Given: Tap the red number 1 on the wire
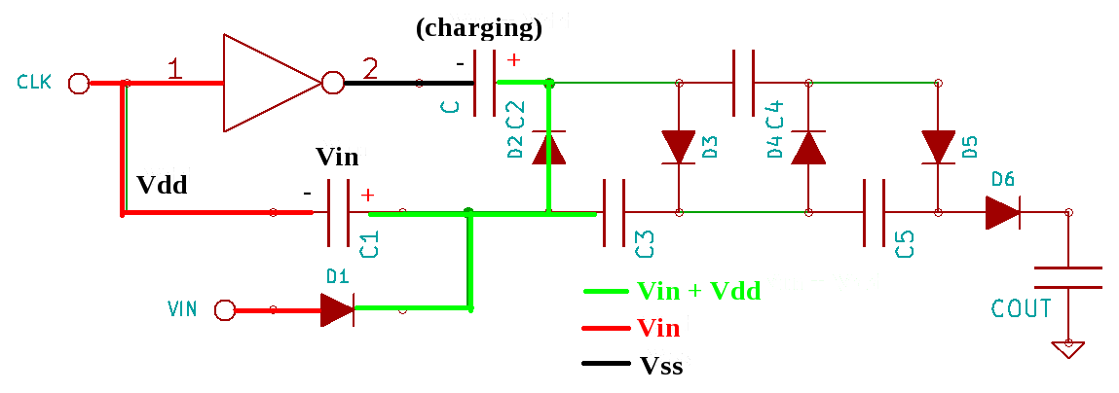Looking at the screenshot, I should click(174, 69).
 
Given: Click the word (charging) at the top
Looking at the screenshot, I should click(478, 28).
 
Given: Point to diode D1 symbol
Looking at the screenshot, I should click(337, 310).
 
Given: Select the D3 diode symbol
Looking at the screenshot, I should click(678, 148).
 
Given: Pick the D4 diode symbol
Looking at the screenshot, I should click(807, 148).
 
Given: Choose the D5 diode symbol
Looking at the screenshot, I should click(938, 148).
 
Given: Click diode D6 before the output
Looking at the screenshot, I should click(1002, 212).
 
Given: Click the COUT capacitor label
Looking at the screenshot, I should click(1021, 309).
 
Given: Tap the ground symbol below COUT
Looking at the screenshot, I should click(1068, 348).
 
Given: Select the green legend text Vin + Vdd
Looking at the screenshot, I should click(697, 290).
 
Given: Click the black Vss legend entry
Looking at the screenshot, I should click(660, 366).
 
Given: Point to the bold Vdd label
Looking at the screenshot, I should click(162, 185).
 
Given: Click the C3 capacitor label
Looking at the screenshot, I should click(645, 244).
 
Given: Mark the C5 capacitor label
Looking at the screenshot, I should click(905, 244).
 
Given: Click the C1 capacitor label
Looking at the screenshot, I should click(369, 244).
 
